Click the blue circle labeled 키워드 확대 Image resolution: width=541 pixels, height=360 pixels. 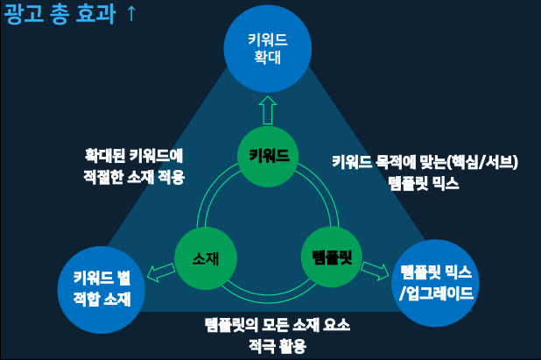click(268, 49)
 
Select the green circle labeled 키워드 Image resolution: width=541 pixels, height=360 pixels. click(268, 157)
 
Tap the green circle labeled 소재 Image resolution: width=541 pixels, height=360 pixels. click(206, 258)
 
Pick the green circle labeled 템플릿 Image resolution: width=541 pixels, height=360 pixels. click(332, 258)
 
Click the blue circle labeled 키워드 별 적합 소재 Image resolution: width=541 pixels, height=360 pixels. click(101, 290)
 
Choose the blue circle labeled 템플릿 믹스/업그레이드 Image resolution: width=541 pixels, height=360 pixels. click(435, 283)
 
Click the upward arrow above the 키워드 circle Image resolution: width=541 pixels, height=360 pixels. click(268, 110)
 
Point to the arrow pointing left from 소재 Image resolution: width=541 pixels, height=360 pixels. click(161, 272)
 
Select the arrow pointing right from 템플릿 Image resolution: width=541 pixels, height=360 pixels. click(375, 271)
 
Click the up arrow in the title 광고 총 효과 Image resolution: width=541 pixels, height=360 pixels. click(131, 14)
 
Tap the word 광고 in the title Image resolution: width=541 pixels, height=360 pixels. click(24, 14)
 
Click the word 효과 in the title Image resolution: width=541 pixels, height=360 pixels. click(95, 14)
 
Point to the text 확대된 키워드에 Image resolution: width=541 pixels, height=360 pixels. click(134, 156)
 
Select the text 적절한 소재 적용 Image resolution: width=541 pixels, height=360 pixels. click(134, 178)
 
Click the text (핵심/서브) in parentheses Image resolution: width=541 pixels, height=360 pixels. click(482, 162)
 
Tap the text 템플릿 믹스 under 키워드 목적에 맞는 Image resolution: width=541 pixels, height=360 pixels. click(424, 184)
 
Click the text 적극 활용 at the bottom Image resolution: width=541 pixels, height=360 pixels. click(278, 346)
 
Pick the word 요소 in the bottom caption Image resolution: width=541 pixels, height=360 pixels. click(337, 325)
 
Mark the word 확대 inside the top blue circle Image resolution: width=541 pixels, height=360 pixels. click(268, 57)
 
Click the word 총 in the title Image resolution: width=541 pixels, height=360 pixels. click(60, 14)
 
